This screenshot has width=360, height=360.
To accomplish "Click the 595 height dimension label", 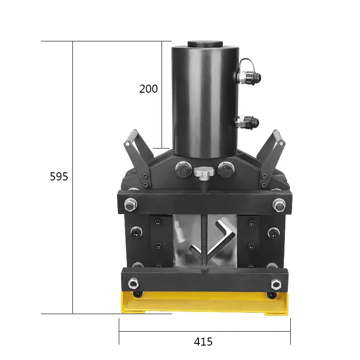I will coord(59,177).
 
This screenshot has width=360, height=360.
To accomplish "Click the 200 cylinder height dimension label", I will coord(148,89).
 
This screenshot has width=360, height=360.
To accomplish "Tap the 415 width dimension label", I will coord(203,342).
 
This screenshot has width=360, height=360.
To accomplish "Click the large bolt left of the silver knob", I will coord(183,170).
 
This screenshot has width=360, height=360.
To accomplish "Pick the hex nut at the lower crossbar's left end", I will coord(133,283).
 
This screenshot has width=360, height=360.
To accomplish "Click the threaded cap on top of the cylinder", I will coord(204,44).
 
